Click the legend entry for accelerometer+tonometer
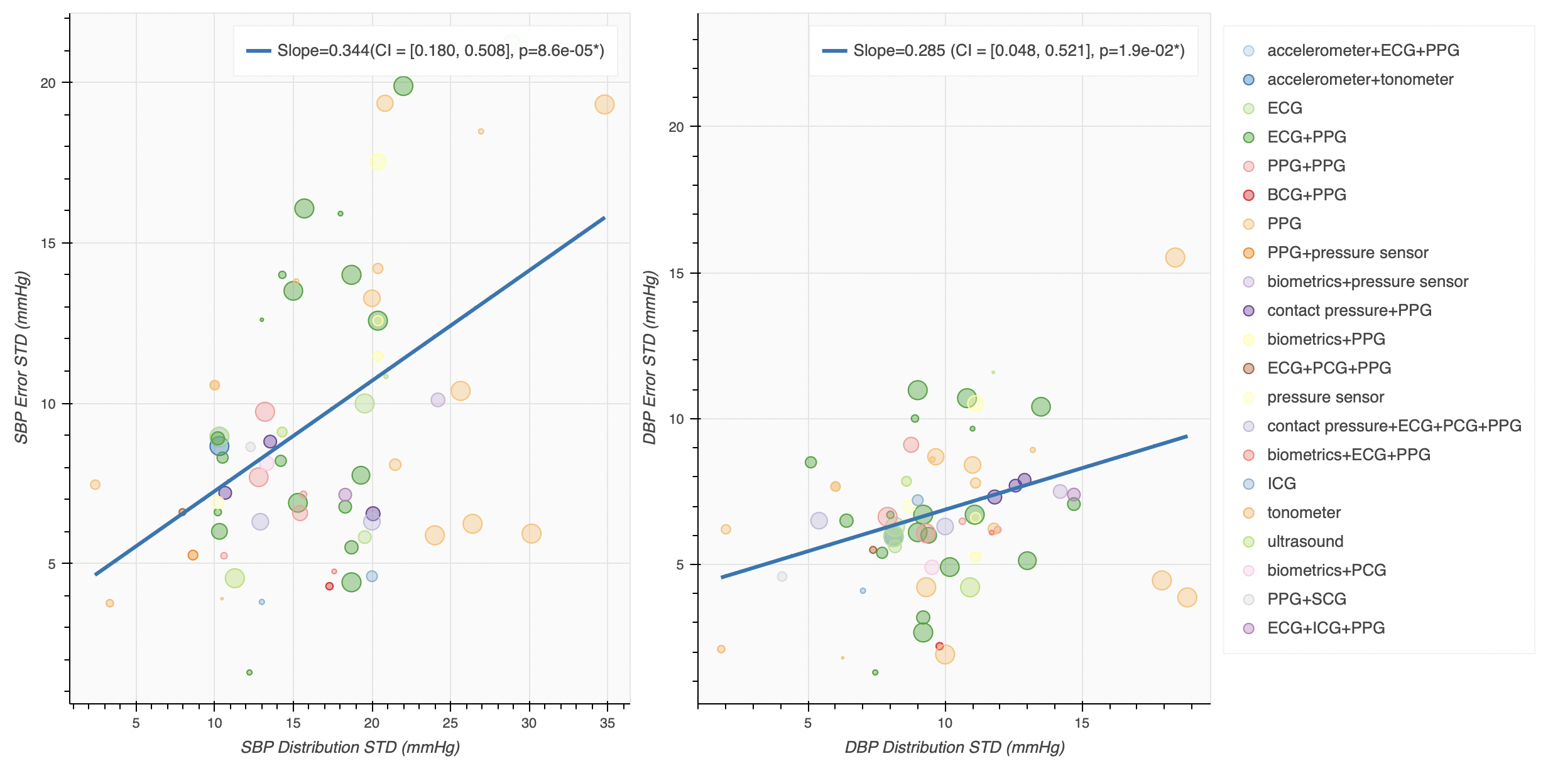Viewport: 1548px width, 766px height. (1360, 80)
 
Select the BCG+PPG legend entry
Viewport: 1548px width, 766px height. (1306, 195)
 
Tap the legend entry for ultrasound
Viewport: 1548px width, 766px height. (1305, 542)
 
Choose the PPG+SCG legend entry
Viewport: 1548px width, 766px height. (1306, 600)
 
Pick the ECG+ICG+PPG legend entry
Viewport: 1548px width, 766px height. (1326, 628)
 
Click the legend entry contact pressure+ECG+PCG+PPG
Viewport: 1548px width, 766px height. (1393, 426)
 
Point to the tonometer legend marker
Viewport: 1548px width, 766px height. (1248, 513)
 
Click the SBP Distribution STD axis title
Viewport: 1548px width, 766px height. (350, 747)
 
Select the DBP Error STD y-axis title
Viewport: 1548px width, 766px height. (649, 357)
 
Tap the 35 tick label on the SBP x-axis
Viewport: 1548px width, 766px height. (607, 723)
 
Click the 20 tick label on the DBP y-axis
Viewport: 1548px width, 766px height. (676, 127)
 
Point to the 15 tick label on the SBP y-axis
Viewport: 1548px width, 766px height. (48, 244)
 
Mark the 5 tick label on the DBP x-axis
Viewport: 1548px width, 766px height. (808, 723)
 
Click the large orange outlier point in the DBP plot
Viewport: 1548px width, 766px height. (1175, 257)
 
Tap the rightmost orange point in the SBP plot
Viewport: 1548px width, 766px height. (604, 104)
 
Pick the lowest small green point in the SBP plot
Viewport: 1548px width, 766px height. (249, 672)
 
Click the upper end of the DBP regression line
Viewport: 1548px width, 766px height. (1186, 436)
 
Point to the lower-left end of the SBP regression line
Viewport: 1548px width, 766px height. (96, 574)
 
